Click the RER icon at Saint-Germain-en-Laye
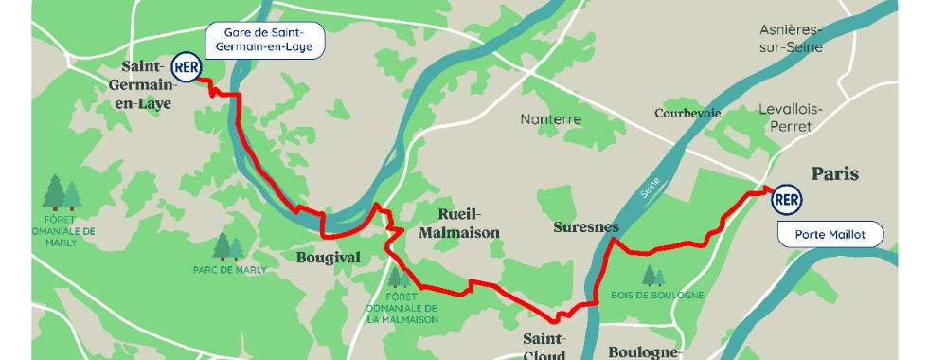(x=185, y=68)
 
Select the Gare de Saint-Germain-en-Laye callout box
(x=265, y=41)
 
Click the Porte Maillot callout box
(x=830, y=234)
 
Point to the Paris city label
(x=834, y=174)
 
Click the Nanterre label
(x=551, y=120)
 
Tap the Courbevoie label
(x=687, y=113)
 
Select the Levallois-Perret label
(x=791, y=117)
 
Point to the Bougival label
(x=329, y=258)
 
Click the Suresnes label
(x=585, y=227)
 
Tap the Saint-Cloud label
(x=545, y=347)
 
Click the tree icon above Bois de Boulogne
(x=653, y=275)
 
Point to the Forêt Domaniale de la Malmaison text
(x=402, y=309)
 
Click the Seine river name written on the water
(x=649, y=189)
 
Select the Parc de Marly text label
(x=229, y=269)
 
